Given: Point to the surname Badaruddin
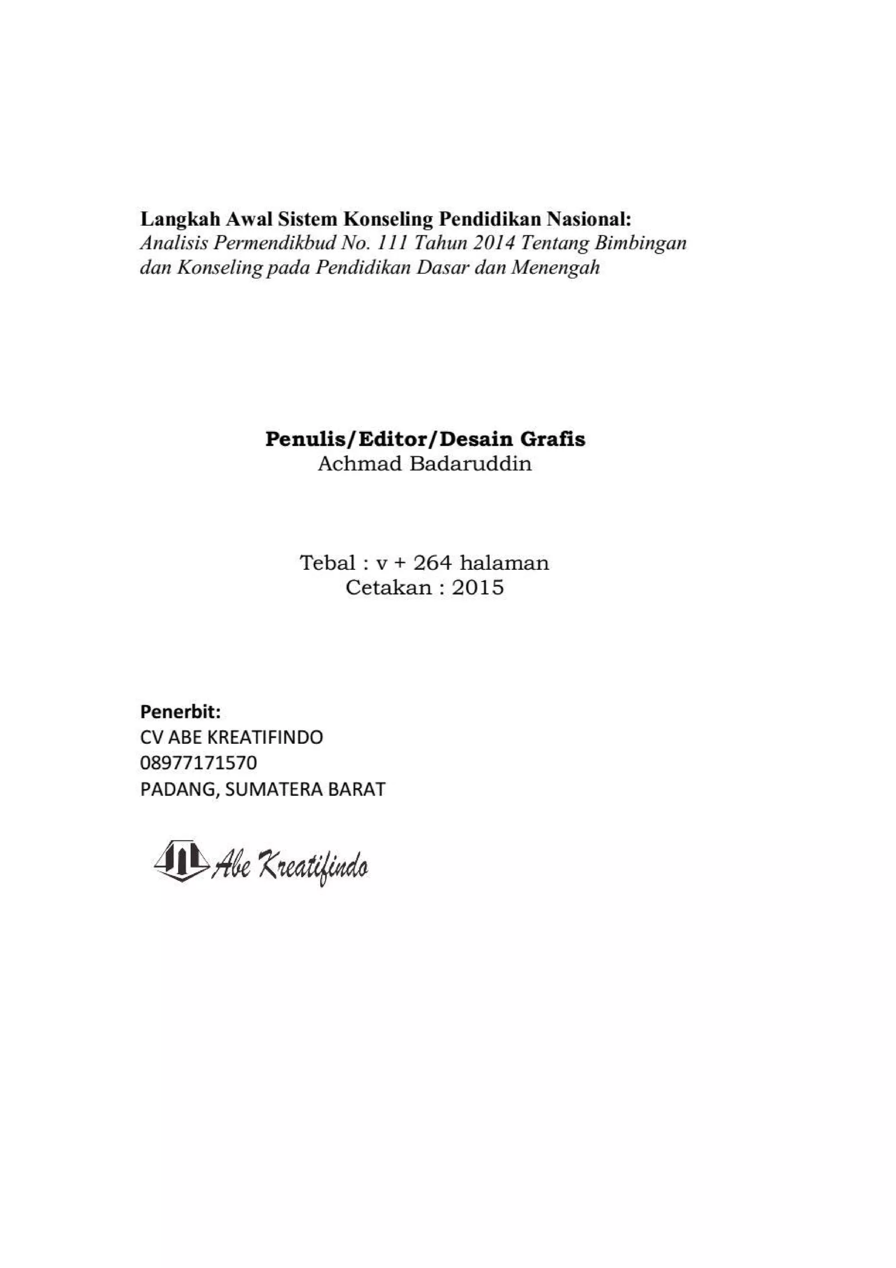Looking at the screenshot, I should point(470,464).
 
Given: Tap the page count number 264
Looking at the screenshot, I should point(432,563).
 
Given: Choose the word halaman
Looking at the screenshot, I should point(504,563).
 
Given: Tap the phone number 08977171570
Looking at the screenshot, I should point(199,763).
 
